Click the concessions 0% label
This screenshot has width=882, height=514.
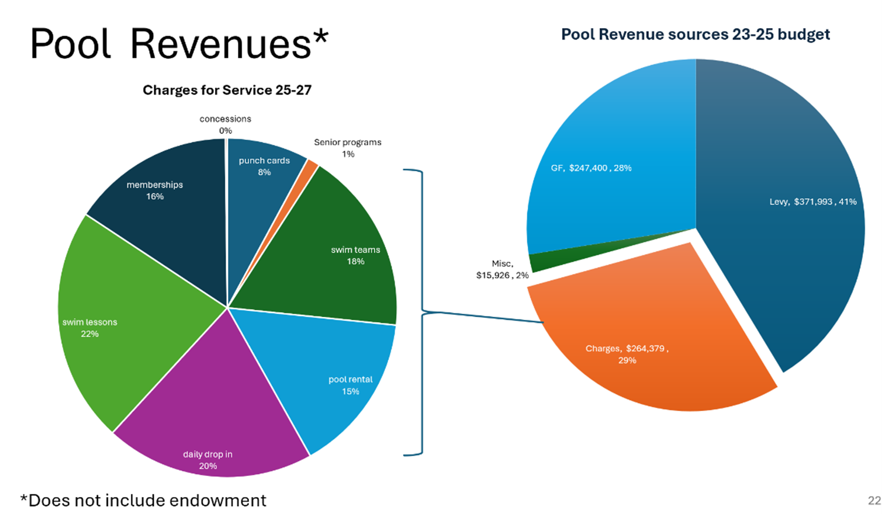225,124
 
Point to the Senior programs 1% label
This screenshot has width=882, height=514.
347,148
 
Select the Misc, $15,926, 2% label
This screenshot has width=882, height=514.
502,269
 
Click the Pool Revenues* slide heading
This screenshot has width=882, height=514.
179,44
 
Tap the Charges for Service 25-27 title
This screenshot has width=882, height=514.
227,90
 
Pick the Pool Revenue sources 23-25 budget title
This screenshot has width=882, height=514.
695,34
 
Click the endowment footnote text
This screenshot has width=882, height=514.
143,501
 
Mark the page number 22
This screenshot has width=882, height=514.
874,501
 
